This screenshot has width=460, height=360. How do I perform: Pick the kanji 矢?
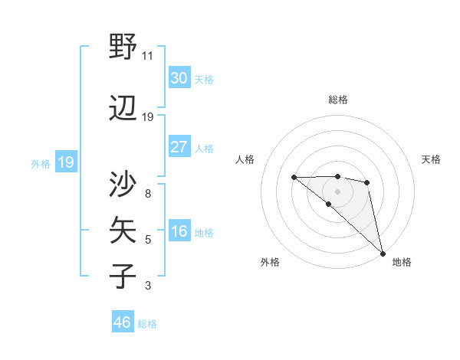point(123,230)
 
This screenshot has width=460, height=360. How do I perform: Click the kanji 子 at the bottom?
point(123,276)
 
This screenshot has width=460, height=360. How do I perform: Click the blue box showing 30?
point(179,78)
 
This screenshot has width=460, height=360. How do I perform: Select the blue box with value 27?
point(179,147)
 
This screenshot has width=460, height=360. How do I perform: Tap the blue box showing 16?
point(179,232)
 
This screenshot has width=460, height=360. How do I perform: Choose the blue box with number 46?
point(123,322)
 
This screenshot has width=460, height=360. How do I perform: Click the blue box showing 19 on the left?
point(66,162)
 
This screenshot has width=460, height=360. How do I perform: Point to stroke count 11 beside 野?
point(148,56)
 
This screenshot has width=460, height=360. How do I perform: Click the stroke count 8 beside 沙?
point(148,194)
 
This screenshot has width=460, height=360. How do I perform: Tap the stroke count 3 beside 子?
point(148,286)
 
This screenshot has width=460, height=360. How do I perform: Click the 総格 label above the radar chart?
point(338,100)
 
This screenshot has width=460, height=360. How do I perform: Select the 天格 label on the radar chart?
point(432,159)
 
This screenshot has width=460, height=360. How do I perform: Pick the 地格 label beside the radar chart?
point(402,262)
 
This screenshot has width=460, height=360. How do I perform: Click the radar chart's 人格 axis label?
point(245,159)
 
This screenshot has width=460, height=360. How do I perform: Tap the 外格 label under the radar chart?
point(270,262)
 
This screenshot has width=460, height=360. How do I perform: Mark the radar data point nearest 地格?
point(383,253)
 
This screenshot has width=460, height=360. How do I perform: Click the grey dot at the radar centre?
point(337,190)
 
